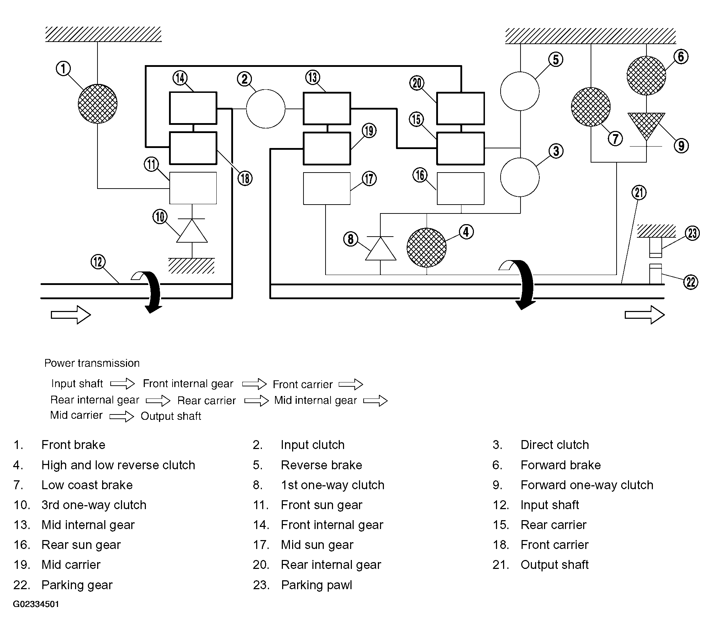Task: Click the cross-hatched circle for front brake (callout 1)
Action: [97, 104]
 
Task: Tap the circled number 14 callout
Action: [180, 78]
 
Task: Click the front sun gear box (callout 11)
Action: [193, 188]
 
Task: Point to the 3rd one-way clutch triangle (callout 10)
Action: [192, 231]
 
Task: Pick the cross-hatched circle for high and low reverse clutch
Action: [426, 248]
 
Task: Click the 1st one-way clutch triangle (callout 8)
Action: [381, 249]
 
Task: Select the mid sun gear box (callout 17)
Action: [327, 189]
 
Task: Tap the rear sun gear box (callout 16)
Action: [460, 189]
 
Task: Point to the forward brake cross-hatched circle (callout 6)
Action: [646, 75]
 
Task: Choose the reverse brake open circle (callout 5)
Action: [520, 91]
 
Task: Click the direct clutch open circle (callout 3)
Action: [520, 177]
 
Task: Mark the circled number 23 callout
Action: [692, 233]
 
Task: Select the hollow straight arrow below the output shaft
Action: [645, 315]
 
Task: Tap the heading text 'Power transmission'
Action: [92, 363]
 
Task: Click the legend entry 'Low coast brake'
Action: [87, 485]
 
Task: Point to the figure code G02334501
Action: [36, 604]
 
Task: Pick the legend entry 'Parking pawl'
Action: [316, 585]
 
